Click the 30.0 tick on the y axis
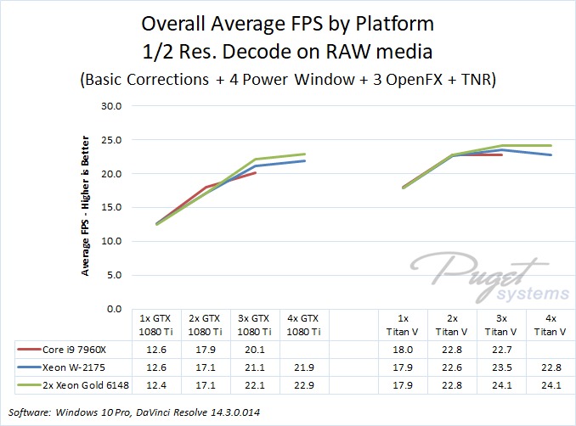click(111, 107)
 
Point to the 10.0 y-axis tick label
click(111, 242)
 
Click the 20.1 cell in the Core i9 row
click(255, 347)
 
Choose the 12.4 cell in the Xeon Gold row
click(157, 386)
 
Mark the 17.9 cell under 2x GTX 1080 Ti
click(206, 347)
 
